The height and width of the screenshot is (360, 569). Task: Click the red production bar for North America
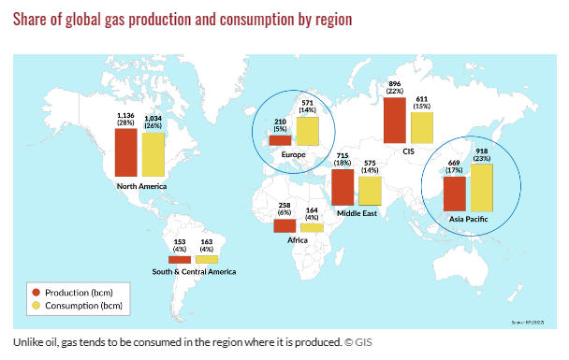click(125, 152)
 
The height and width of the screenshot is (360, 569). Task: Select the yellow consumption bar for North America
click(152, 154)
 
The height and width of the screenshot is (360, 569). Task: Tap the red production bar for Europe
click(280, 141)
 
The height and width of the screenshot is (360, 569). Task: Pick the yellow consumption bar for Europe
click(308, 131)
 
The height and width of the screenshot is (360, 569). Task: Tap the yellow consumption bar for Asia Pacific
click(481, 187)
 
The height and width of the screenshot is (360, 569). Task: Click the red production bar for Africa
click(284, 226)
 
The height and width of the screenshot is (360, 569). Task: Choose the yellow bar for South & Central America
click(206, 259)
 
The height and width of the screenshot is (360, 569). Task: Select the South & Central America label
click(194, 272)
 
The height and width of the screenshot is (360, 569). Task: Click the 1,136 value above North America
click(126, 114)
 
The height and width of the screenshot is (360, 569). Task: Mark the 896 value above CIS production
click(395, 83)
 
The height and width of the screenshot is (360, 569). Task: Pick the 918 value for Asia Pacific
click(481, 151)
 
